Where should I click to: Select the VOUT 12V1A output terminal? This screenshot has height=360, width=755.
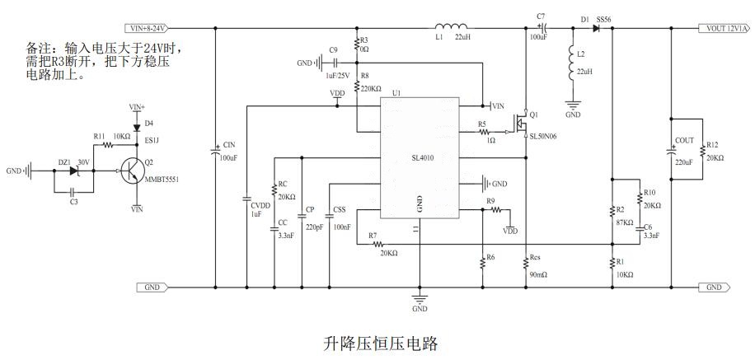pos(725,28)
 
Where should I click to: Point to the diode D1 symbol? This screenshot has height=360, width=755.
pos(597,28)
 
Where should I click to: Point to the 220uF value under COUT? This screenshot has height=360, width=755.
pos(684,162)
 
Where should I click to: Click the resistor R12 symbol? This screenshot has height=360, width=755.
pos(702,153)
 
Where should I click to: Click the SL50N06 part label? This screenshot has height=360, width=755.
pos(544,136)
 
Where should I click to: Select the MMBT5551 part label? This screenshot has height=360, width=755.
pos(164,179)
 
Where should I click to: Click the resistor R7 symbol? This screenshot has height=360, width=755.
pos(378,245)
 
